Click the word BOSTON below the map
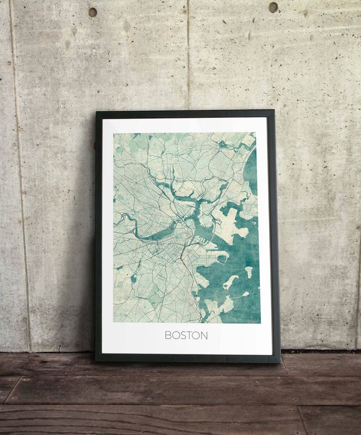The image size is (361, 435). point(186,335)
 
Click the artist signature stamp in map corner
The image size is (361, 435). point(254,318)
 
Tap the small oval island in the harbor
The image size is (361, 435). point(248,271)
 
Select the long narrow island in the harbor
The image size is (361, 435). point(230,282)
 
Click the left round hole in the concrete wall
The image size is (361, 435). point(93,12)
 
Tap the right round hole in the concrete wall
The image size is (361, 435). point(273,7)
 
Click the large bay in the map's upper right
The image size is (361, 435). point(251,170)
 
